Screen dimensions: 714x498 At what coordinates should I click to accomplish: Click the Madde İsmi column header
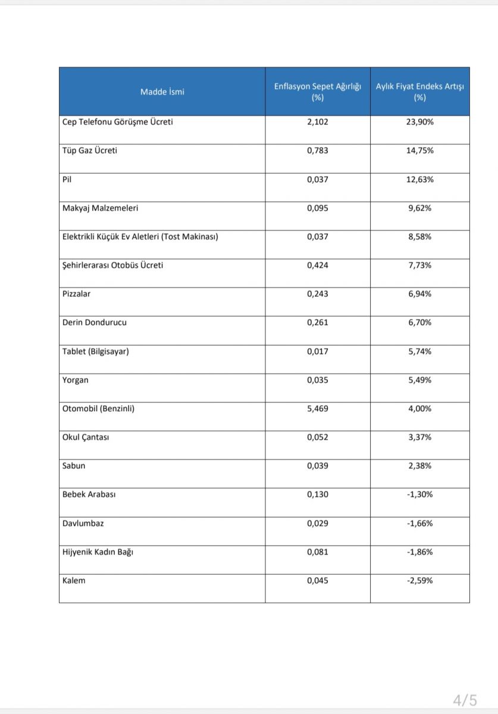(x=162, y=92)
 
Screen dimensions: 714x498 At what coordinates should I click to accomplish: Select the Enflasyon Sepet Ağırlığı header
(x=317, y=92)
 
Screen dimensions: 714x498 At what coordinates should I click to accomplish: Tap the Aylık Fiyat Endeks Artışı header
(x=419, y=92)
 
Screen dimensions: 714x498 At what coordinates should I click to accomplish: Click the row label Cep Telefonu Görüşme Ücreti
(x=117, y=122)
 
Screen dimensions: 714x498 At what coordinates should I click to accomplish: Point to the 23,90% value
(x=419, y=122)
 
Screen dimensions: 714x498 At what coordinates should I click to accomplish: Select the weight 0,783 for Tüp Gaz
(x=317, y=151)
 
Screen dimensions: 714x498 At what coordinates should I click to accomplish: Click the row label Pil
(x=67, y=179)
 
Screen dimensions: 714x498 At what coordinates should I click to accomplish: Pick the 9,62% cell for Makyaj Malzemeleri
(x=419, y=208)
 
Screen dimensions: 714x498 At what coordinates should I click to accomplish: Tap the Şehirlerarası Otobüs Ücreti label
(x=112, y=265)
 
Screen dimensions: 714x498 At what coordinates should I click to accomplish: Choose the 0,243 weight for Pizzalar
(x=317, y=294)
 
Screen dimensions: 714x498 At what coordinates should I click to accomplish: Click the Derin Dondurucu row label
(x=94, y=322)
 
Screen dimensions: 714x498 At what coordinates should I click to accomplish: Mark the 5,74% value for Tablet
(x=419, y=352)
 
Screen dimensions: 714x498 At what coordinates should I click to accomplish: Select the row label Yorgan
(x=75, y=380)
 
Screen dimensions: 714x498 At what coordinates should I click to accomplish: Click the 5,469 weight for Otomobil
(x=317, y=409)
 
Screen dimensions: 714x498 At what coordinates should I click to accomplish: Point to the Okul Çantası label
(x=85, y=437)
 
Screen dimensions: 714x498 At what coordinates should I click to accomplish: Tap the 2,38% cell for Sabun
(x=419, y=466)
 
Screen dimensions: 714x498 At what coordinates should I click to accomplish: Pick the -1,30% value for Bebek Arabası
(x=419, y=494)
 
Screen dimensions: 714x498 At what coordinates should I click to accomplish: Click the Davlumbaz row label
(x=83, y=524)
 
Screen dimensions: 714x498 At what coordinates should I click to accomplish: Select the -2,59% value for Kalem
(x=419, y=581)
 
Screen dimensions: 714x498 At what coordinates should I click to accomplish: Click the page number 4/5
(x=464, y=699)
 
